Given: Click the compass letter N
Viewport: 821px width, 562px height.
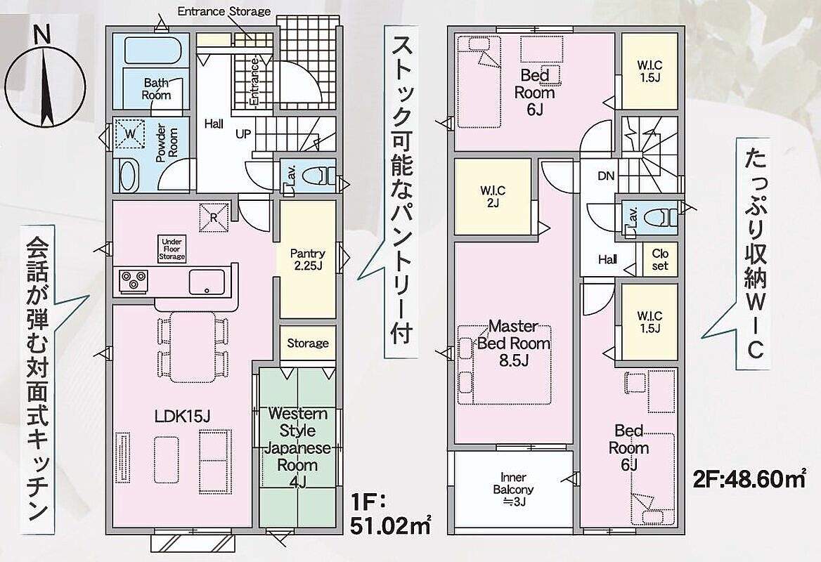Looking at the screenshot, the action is point(42,36).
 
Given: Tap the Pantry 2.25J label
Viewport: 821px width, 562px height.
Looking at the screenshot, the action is point(307,259).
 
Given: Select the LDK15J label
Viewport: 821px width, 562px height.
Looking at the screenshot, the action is point(182,417).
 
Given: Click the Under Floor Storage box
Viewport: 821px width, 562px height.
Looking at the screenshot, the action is point(172,249).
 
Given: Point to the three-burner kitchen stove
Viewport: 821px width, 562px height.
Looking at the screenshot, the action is point(133,280).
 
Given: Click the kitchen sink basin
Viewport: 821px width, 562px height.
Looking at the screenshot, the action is point(207,282).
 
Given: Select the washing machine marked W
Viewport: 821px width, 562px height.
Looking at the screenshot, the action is point(130,134).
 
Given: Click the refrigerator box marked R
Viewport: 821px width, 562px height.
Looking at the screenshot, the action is point(214,217).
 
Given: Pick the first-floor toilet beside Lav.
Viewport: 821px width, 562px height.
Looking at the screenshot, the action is point(318,176).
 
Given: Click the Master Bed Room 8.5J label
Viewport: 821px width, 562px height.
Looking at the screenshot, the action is point(514,343).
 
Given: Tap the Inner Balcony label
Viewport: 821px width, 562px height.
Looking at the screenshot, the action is point(513,489).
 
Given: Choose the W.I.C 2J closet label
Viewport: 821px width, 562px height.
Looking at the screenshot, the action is point(493,197).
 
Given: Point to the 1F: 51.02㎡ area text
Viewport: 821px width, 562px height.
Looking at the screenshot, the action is point(390,516).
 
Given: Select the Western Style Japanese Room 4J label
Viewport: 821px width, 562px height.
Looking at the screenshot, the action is point(297,447).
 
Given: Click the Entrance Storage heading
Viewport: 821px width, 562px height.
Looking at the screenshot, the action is point(224,11).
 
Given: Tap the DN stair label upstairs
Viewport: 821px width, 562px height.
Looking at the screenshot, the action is point(606,176).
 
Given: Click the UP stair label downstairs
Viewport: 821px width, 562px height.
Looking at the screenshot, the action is point(243,134).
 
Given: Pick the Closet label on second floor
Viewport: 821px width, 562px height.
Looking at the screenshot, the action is point(660,259).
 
